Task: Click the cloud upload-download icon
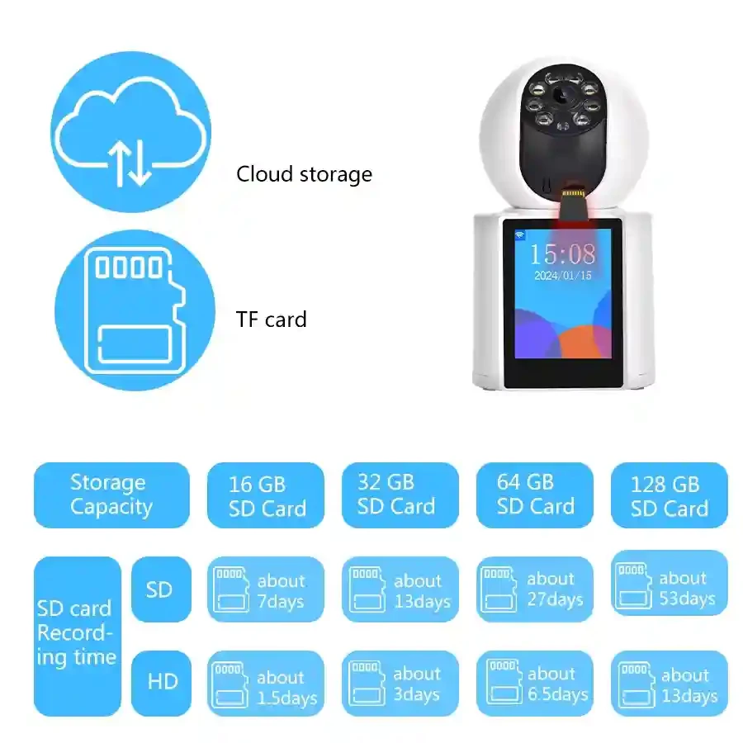(131, 131)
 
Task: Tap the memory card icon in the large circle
(135, 310)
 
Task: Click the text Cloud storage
(304, 174)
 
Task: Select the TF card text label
(271, 319)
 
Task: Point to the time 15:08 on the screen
(562, 254)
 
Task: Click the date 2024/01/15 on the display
(563, 275)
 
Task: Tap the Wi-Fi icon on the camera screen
(520, 235)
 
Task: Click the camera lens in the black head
(562, 97)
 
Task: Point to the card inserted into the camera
(574, 205)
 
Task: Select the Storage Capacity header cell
(111, 495)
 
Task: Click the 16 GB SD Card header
(266, 495)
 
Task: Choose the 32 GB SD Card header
(400, 495)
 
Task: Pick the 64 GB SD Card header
(535, 495)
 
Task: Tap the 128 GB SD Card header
(670, 495)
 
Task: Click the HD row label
(162, 683)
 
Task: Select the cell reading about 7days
(266, 589)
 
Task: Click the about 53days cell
(670, 584)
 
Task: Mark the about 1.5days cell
(266, 684)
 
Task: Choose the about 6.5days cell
(535, 684)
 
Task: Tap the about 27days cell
(535, 589)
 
